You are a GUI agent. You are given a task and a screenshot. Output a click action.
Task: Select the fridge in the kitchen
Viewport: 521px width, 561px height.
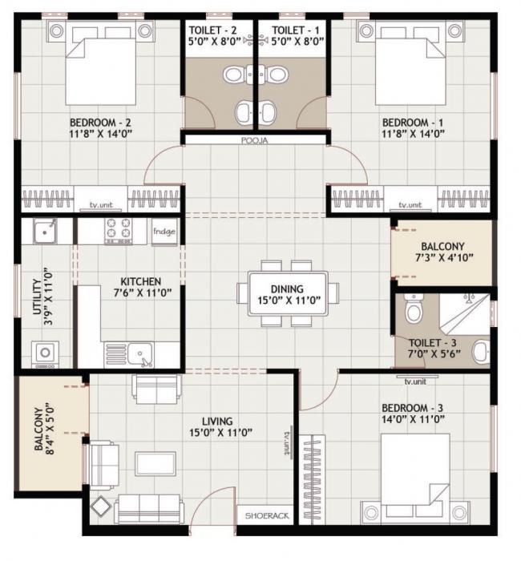click(164, 231)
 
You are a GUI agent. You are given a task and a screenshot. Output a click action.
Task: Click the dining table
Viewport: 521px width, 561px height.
click(287, 294)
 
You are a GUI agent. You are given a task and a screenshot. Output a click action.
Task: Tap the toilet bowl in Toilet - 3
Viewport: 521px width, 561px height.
click(414, 309)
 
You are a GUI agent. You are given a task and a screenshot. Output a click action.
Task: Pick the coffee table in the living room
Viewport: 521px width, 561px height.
click(154, 463)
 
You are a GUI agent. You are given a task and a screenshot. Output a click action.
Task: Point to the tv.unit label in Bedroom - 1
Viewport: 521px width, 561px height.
click(410, 204)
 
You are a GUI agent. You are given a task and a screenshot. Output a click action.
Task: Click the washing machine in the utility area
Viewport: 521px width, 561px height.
click(42, 353)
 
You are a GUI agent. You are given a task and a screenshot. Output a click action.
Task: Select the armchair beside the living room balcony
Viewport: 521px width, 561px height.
click(102, 464)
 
